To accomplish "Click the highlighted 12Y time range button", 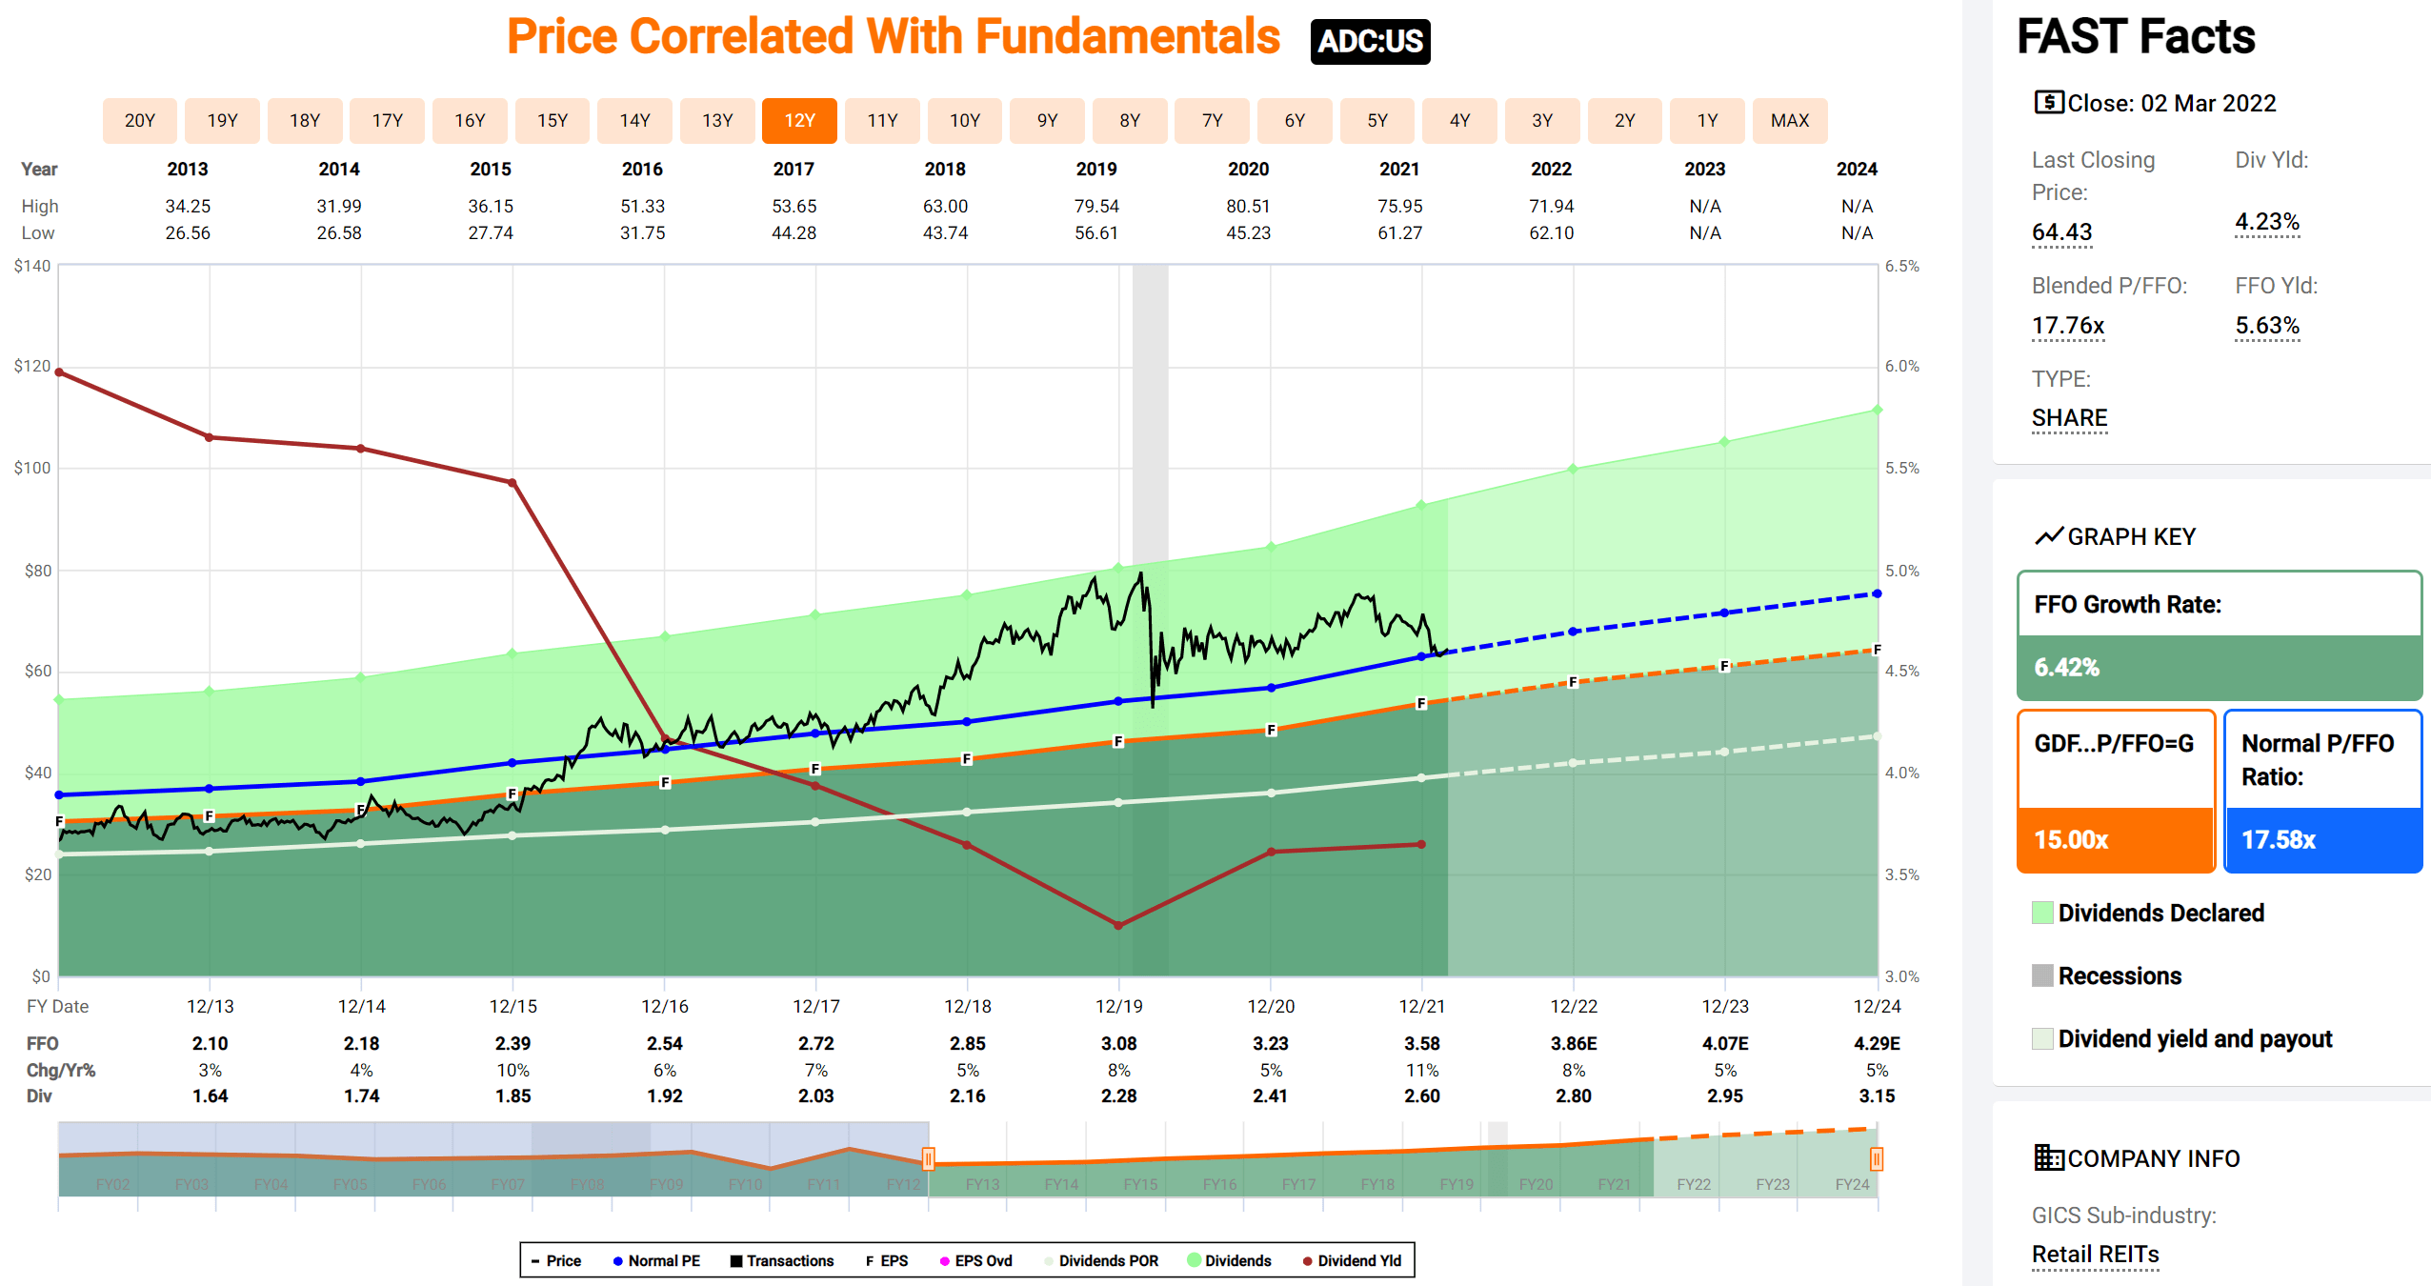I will coord(799,120).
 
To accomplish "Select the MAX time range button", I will coord(1789,120).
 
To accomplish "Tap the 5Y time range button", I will coord(1376,120).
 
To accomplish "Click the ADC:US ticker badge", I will coord(1369,42).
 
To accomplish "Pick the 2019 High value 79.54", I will coord(1096,206).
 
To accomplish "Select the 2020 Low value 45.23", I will coord(1248,232).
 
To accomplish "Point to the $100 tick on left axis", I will coord(31,468).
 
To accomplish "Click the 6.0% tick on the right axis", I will coord(1901,366).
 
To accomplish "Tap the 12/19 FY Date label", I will coord(1118,1006).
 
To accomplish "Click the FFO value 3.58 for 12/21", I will coord(1421,1043).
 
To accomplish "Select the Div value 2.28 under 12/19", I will coord(1118,1095).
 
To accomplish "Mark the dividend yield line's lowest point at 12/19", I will coord(1118,925).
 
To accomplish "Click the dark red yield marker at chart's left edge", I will coord(59,372).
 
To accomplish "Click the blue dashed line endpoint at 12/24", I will coord(1877,593).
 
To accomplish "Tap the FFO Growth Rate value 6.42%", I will coord(2066,667).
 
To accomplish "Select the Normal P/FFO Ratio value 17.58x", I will coord(2278,839).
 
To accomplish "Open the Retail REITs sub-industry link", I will coord(2095,1254).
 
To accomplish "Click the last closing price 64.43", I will coord(2061,231).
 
